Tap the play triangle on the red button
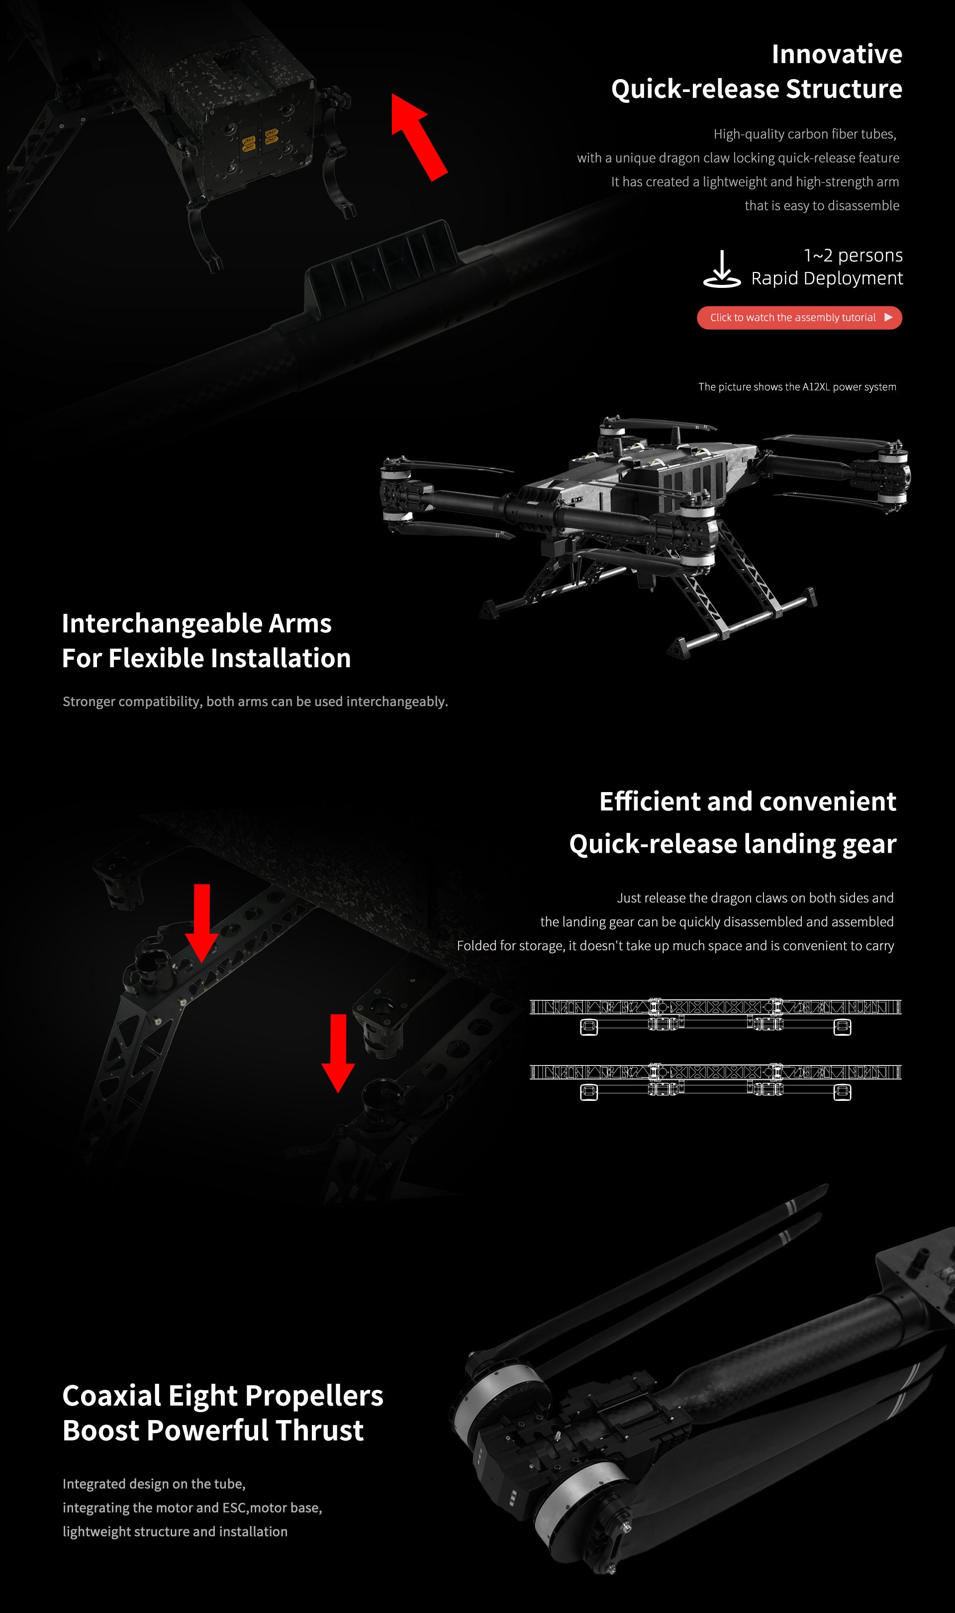coord(888,317)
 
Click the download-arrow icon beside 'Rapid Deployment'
coord(721,269)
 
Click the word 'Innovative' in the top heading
coord(836,54)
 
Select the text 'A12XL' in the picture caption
coord(815,386)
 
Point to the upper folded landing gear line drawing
coord(715,1015)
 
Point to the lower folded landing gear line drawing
coord(715,1081)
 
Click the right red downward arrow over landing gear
coord(338,1052)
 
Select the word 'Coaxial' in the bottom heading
coord(111,1396)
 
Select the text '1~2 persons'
coord(853,256)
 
